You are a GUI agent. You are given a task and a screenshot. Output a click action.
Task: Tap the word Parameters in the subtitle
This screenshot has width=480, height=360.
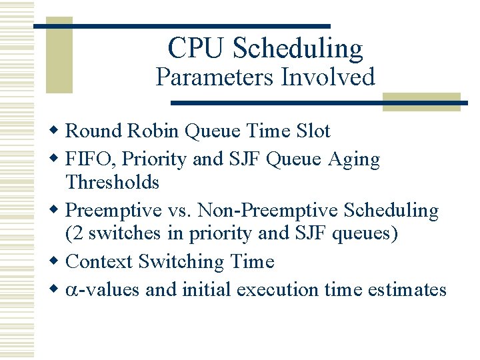click(x=215, y=77)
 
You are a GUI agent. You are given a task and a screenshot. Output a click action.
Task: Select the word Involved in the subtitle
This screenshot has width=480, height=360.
click(x=327, y=77)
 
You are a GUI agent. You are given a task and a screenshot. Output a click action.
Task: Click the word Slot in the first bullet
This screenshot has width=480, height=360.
click(x=313, y=131)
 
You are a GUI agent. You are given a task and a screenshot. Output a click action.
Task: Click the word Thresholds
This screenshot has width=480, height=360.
click(x=113, y=182)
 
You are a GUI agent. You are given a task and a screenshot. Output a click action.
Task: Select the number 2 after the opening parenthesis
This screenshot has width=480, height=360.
click(x=75, y=234)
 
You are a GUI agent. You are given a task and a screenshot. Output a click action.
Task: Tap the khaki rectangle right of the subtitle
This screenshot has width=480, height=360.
click(x=421, y=101)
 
